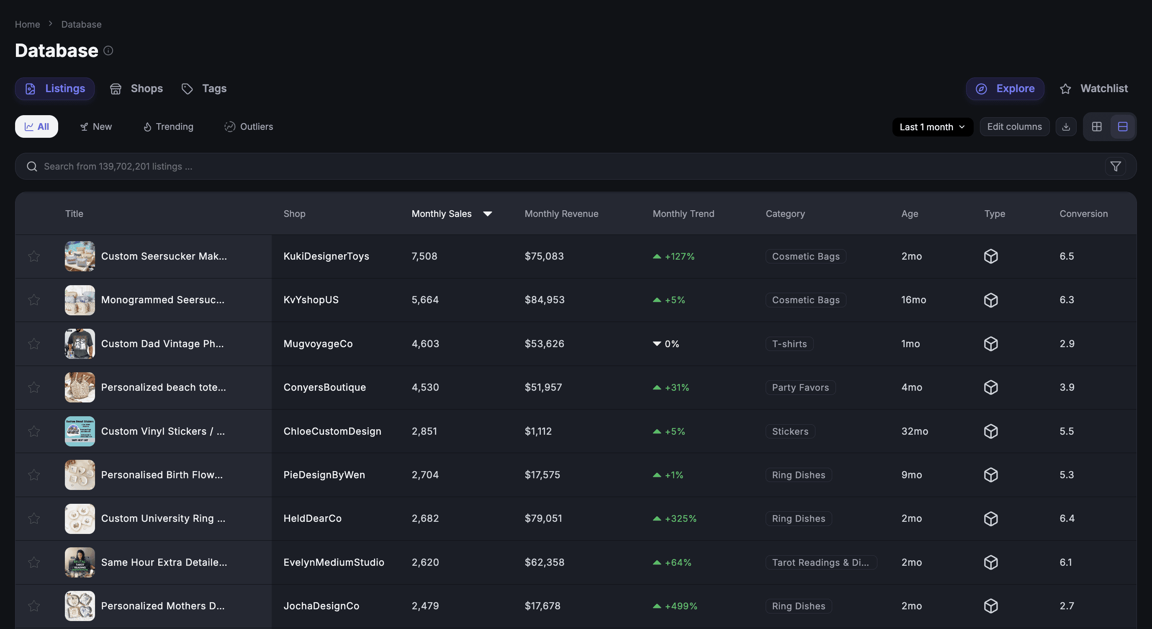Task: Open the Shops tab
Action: (x=136, y=89)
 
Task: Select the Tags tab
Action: (x=204, y=89)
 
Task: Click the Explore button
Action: (x=1005, y=89)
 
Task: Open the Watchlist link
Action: (x=1093, y=89)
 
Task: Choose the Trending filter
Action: (x=168, y=126)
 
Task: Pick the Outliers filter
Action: (x=249, y=126)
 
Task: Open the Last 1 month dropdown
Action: (x=932, y=127)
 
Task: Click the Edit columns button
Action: (x=1014, y=127)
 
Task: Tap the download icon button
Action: (x=1066, y=127)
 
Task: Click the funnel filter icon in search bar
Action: (x=1115, y=166)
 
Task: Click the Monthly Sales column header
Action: (x=441, y=214)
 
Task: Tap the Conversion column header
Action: (x=1084, y=214)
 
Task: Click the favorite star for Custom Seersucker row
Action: (x=34, y=256)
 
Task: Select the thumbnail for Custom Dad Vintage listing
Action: (x=80, y=343)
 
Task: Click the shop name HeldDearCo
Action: (x=313, y=518)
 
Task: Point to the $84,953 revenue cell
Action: (x=544, y=300)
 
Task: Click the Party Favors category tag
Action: (x=800, y=387)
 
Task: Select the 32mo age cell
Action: (x=915, y=431)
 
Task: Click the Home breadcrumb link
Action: (x=27, y=24)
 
